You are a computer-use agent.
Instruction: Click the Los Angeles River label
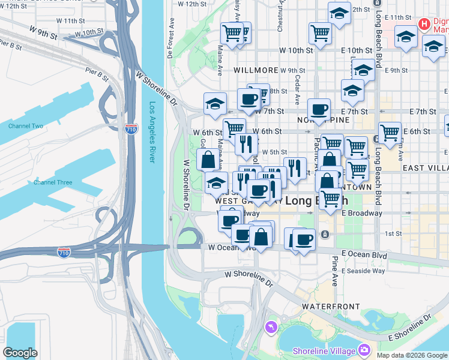click(151, 133)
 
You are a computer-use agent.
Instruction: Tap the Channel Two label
click(26, 126)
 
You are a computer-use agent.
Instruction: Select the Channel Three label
click(53, 182)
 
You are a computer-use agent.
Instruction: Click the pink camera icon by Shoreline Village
click(364, 349)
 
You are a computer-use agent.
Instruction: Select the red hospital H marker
click(424, 25)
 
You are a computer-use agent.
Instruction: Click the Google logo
click(20, 353)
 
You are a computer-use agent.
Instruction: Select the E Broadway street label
click(362, 213)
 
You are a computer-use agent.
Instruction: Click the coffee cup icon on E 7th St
click(319, 109)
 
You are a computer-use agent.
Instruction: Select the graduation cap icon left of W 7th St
click(214, 103)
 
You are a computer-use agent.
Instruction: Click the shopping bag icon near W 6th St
click(208, 160)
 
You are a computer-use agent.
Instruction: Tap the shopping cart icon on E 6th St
click(390, 131)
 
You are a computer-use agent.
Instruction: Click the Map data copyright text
click(412, 355)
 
